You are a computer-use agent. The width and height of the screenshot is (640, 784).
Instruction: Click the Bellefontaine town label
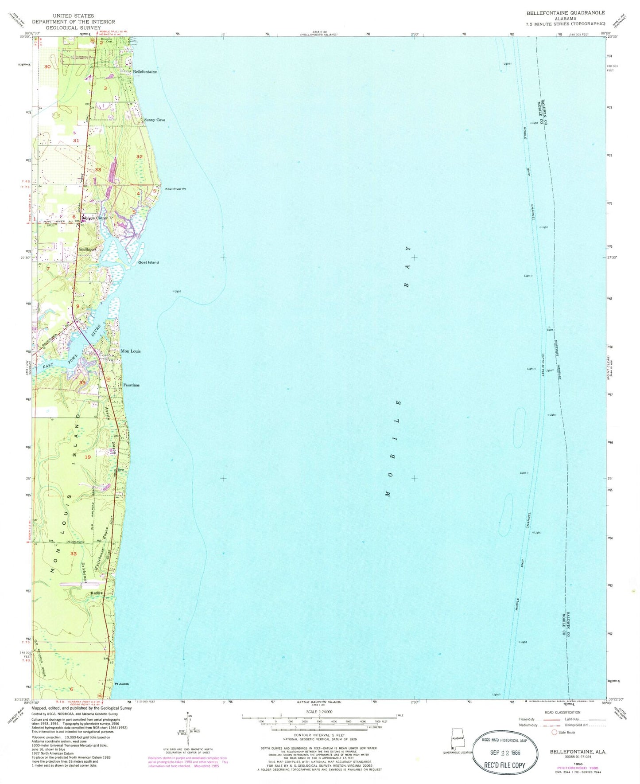click(145, 72)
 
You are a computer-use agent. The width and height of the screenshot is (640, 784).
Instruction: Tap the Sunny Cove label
click(155, 120)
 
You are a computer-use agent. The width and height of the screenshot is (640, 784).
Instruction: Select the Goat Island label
click(148, 262)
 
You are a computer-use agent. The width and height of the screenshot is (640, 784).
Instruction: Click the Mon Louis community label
click(131, 351)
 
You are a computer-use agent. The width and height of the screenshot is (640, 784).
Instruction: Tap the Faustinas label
click(131, 385)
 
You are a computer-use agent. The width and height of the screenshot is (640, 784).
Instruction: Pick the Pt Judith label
click(122, 684)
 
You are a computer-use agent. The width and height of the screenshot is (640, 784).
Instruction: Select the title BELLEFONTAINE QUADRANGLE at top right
click(565, 13)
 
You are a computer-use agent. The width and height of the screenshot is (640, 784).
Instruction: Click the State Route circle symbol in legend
click(554, 732)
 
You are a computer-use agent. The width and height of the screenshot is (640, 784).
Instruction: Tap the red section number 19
click(88, 457)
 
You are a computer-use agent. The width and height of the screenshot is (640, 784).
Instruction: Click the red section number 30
click(48, 66)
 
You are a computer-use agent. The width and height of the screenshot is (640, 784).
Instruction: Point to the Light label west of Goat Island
click(177, 291)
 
